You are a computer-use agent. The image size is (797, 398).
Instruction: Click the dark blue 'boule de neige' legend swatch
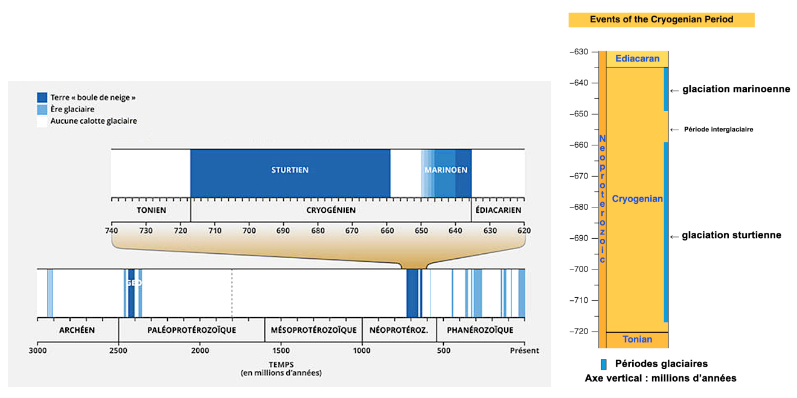click(42, 97)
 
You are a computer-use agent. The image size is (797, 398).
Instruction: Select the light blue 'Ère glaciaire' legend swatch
click(42, 109)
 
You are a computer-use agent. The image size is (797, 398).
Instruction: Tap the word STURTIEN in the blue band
click(290, 170)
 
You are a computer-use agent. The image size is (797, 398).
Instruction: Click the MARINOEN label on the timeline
click(446, 170)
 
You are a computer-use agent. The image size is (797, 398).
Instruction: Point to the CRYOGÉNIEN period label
click(331, 210)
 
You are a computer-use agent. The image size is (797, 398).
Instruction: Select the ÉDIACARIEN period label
click(498, 210)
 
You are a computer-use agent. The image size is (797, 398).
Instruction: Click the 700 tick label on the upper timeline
click(249, 230)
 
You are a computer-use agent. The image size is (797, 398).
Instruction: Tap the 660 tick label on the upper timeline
click(386, 230)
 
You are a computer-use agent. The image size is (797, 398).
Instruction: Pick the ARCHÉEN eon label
click(77, 330)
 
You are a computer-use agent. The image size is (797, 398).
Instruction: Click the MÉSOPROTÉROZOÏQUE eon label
click(313, 330)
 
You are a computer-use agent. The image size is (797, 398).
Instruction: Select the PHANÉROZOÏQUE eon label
click(480, 330)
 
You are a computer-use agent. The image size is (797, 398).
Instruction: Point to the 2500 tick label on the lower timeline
click(118, 350)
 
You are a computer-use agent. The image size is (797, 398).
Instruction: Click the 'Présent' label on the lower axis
click(524, 350)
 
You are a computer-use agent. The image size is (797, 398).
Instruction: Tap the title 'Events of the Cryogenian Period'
click(661, 20)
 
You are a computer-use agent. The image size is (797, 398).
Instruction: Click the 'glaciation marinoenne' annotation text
click(736, 90)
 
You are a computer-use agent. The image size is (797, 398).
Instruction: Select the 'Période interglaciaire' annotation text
click(719, 130)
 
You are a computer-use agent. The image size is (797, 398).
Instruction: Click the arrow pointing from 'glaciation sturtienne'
click(674, 236)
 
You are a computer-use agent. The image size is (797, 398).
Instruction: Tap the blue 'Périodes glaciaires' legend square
click(603, 364)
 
